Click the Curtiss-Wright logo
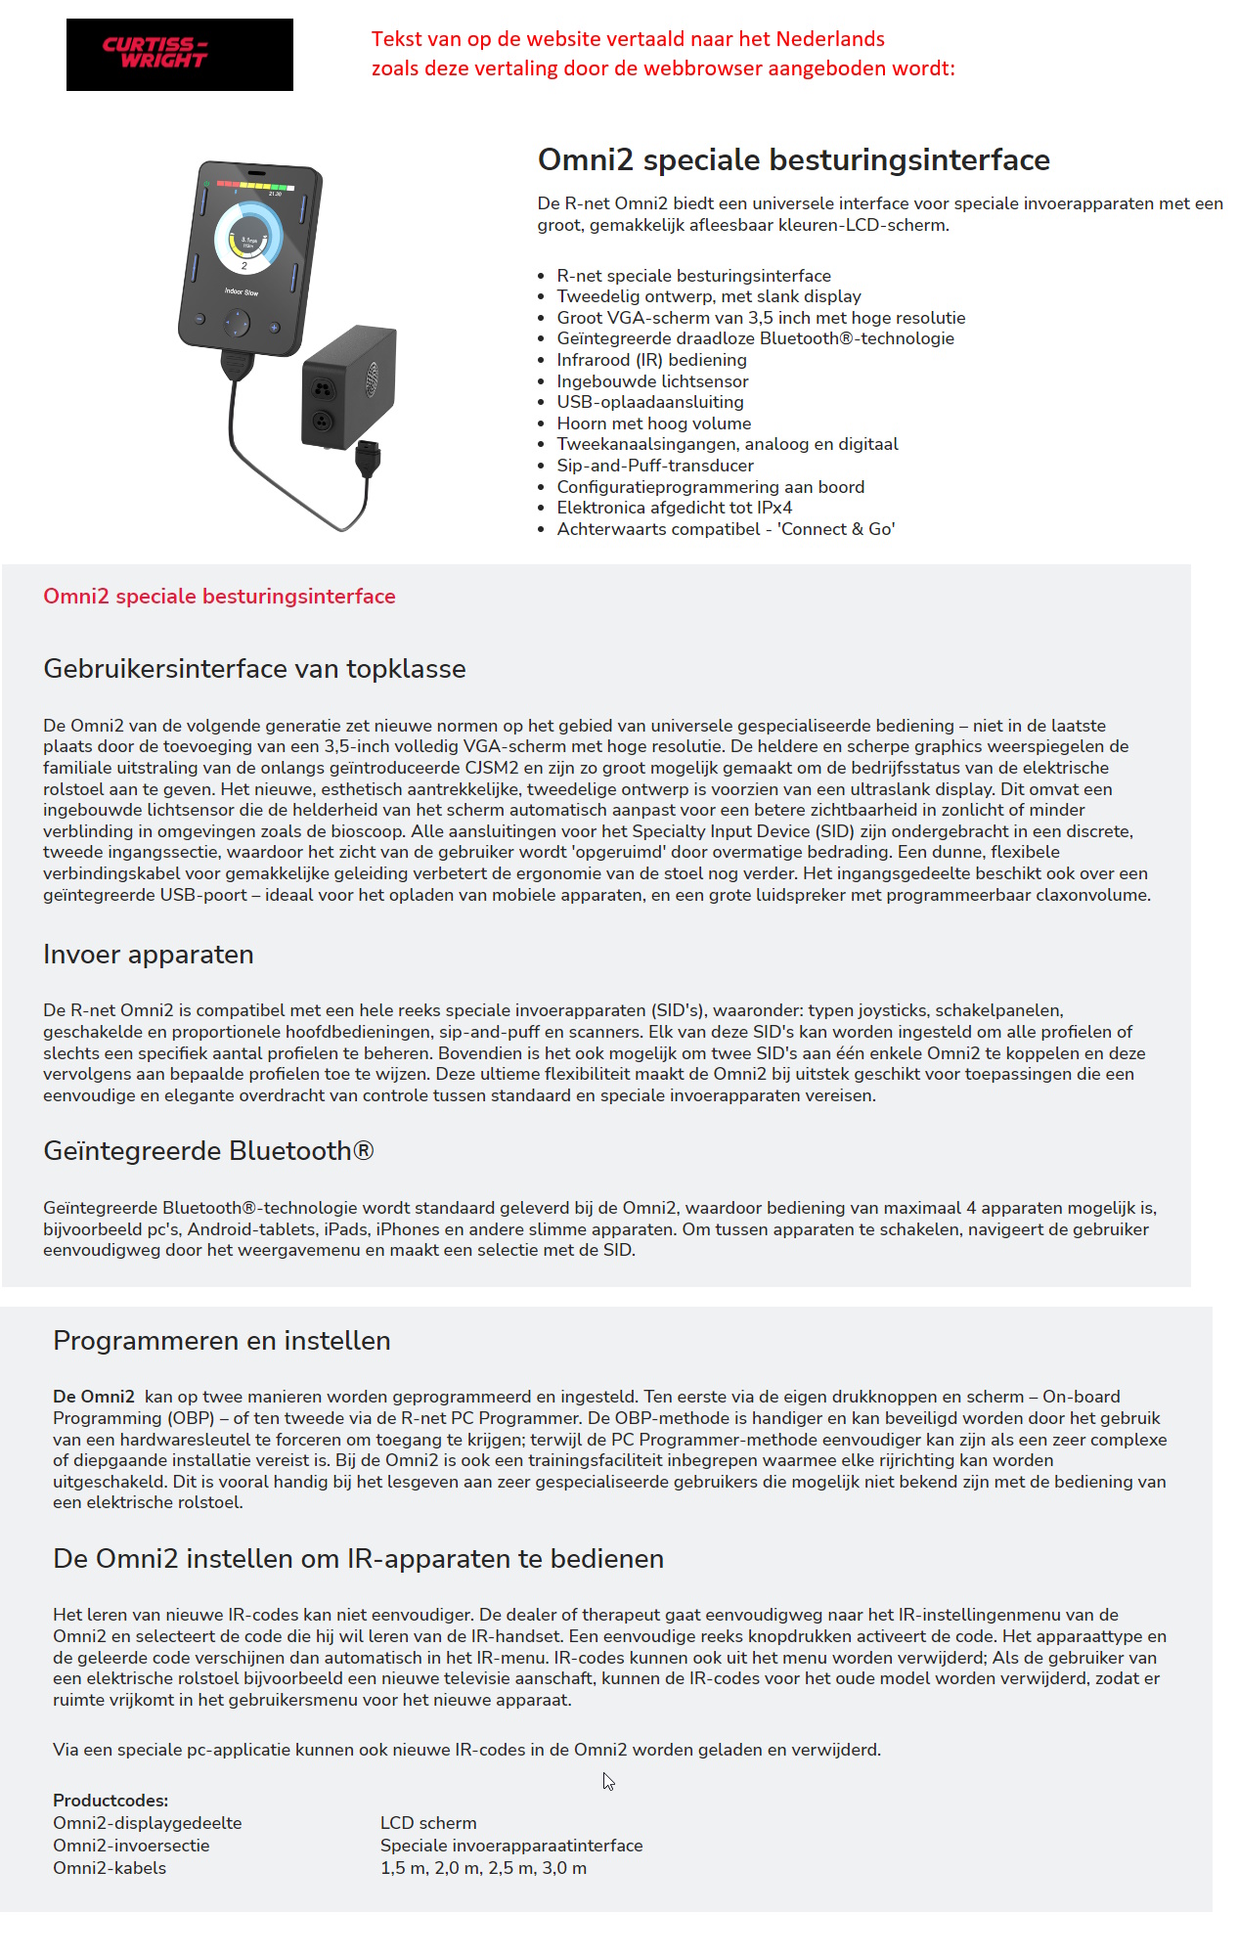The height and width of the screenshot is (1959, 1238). click(180, 55)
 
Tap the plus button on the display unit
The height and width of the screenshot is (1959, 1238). click(275, 328)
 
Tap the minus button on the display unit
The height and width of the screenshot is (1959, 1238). click(199, 319)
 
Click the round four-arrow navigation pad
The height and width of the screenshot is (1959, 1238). click(237, 323)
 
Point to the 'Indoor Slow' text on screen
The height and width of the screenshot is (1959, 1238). click(242, 291)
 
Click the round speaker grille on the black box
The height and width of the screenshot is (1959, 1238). click(372, 379)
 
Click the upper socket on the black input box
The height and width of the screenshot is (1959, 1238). click(323, 389)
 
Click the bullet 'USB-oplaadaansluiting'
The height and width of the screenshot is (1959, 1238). click(650, 402)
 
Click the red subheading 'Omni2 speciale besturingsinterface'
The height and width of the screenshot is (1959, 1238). click(219, 597)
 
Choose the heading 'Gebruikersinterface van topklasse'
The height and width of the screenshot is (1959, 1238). click(254, 669)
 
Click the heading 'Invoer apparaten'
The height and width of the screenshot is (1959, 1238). click(149, 955)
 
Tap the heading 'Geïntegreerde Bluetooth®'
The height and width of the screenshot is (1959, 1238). click(208, 1151)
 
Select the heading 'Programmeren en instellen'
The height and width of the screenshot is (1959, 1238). click(222, 1341)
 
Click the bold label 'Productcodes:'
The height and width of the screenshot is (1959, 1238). click(111, 1801)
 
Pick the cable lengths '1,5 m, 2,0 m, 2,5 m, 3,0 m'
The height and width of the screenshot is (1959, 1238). click(483, 1868)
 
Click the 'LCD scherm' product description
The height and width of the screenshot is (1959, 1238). click(428, 1823)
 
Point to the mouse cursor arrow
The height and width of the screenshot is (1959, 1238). click(608, 1782)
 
